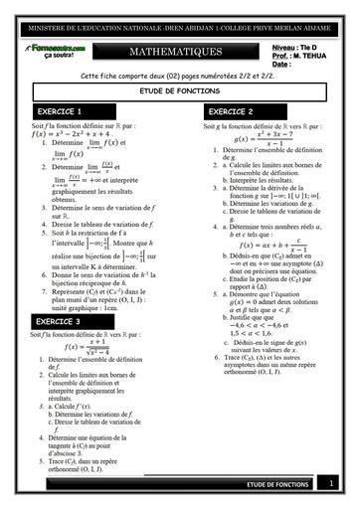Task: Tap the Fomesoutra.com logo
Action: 59,47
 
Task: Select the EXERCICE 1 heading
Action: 60,111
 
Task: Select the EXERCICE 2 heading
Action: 231,111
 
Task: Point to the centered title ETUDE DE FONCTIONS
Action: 180,89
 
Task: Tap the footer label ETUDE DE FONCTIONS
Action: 278,484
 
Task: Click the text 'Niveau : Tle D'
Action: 297,47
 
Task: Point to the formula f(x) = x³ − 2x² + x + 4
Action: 74,136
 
